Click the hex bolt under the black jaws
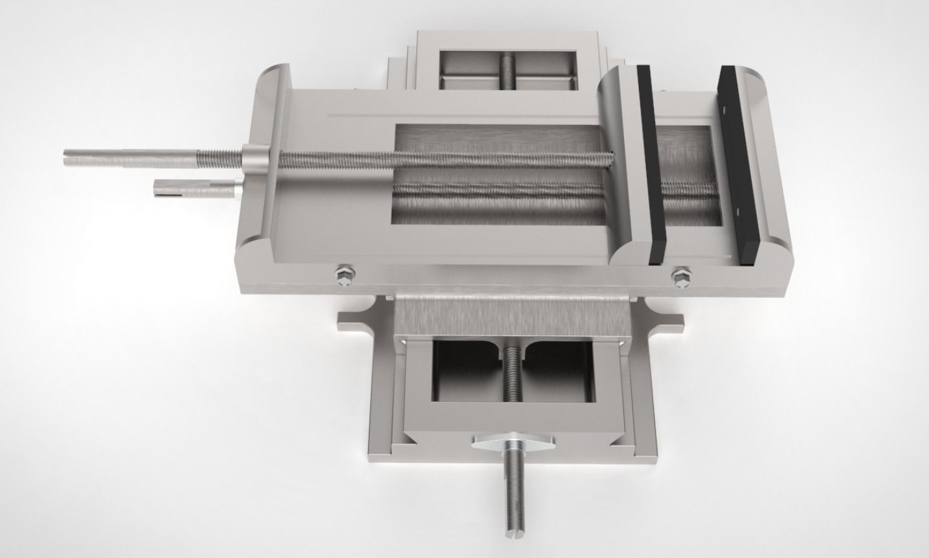click(x=681, y=276)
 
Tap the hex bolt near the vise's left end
click(x=344, y=276)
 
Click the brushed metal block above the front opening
click(x=511, y=317)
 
